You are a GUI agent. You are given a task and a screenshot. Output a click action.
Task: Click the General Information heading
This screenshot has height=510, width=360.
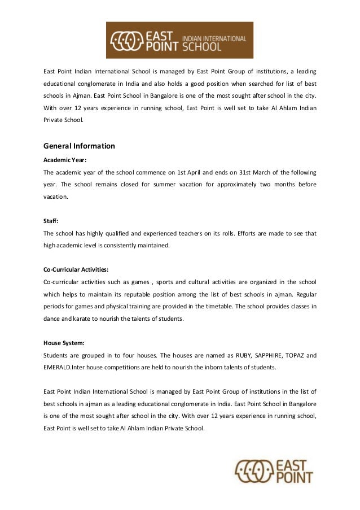tap(79, 146)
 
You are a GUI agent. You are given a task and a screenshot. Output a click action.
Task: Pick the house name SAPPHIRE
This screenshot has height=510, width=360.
tap(267, 356)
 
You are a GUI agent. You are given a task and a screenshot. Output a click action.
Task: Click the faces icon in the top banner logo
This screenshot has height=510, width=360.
tap(124, 41)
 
